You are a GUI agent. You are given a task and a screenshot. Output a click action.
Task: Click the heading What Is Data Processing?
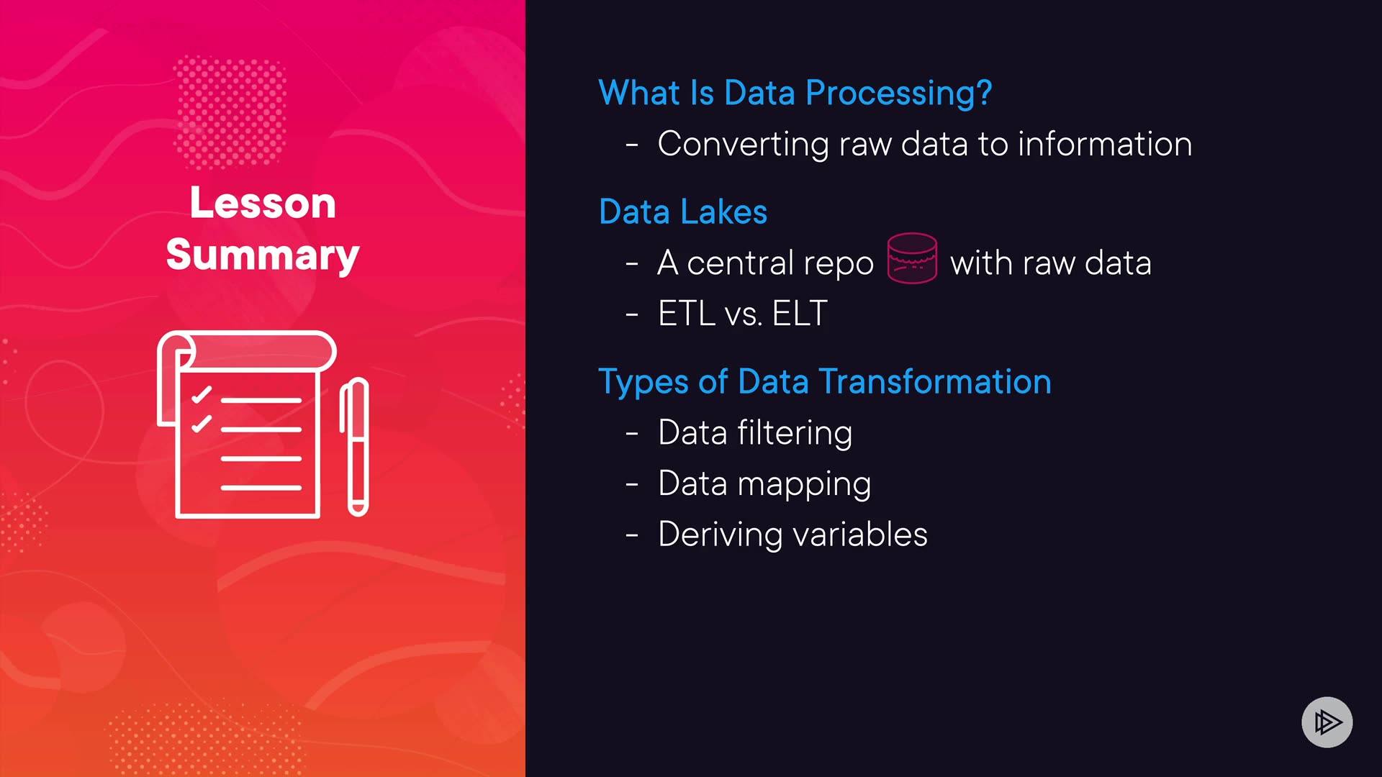795,94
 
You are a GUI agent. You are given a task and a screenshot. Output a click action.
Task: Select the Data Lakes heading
683,212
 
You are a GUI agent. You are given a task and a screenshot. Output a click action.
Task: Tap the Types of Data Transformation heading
825,382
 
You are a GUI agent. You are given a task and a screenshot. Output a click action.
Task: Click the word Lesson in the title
263,203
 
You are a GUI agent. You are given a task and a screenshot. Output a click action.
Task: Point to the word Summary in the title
263,255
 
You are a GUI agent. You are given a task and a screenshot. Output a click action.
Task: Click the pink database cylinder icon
912,258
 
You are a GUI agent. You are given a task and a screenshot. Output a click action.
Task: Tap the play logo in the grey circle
1327,722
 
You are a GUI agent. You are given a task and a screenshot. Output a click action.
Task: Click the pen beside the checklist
354,447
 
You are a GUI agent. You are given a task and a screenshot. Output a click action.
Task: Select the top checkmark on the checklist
202,394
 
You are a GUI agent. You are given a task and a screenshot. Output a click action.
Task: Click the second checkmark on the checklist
202,424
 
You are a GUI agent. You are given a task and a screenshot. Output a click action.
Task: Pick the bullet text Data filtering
755,433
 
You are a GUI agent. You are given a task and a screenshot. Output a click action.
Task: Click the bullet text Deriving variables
792,535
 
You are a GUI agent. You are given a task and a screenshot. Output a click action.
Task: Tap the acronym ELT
800,314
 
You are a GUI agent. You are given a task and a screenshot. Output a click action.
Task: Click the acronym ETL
687,314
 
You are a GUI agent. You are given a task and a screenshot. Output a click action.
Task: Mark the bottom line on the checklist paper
261,488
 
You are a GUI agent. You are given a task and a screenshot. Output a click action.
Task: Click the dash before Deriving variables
632,536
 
